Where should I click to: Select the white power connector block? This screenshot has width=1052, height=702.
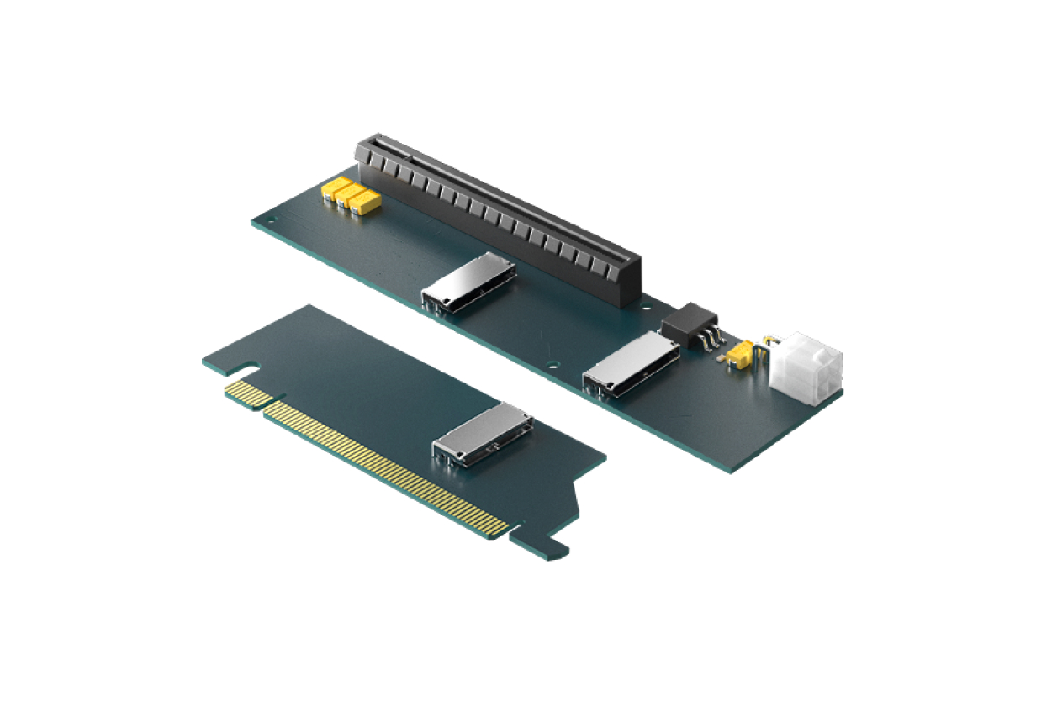tap(806, 367)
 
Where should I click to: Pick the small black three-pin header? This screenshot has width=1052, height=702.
tap(687, 323)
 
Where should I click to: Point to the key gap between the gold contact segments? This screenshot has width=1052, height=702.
tap(262, 407)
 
